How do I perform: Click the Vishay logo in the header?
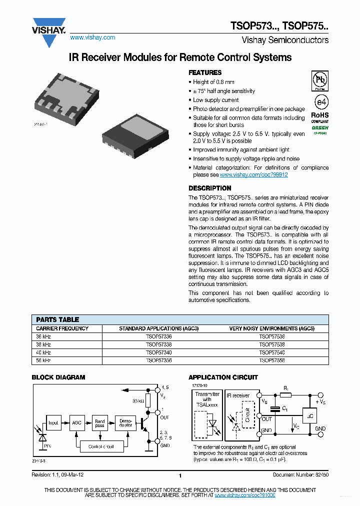(49, 31)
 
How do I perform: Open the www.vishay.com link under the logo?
(92, 37)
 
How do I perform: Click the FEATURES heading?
(205, 72)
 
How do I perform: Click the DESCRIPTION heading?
(209, 188)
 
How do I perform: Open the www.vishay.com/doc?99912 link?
(253, 175)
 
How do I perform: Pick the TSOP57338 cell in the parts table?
(158, 345)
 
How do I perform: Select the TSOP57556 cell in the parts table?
(271, 360)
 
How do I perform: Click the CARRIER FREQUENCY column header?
(62, 328)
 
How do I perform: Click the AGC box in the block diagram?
(76, 422)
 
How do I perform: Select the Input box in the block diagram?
(53, 422)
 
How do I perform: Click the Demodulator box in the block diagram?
(125, 422)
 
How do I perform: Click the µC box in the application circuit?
(309, 416)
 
